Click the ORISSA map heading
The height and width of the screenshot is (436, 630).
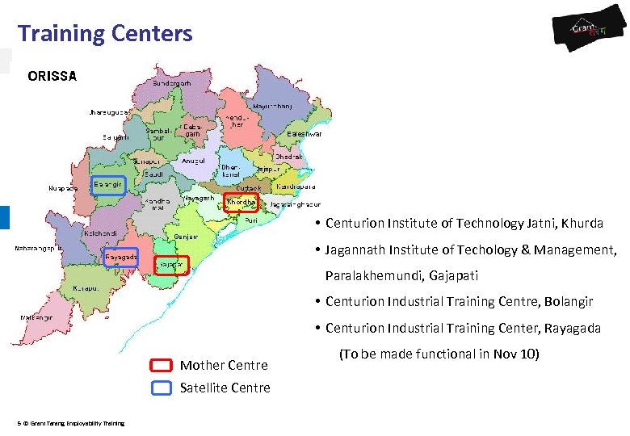pyautogui.click(x=52, y=77)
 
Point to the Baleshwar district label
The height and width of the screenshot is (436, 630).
pyautogui.click(x=304, y=134)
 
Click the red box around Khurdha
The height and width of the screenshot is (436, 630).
pyautogui.click(x=241, y=202)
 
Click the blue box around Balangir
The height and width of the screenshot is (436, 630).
pyautogui.click(x=107, y=186)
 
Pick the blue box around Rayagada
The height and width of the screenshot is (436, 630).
pyautogui.click(x=121, y=258)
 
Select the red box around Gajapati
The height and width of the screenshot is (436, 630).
pyautogui.click(x=171, y=265)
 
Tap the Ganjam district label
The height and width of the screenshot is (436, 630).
pyautogui.click(x=187, y=237)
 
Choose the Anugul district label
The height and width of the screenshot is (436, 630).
pyautogui.click(x=194, y=161)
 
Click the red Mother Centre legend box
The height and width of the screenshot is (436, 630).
pyautogui.click(x=162, y=365)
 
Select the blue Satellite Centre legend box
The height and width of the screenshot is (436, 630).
pyautogui.click(x=162, y=388)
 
